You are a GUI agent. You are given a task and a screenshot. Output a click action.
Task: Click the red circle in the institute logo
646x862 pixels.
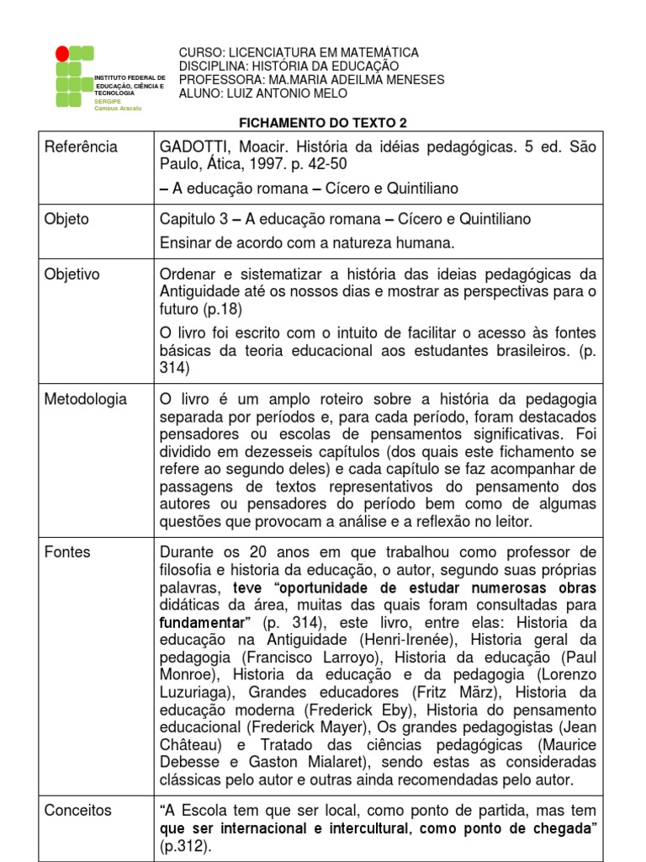pos(62,54)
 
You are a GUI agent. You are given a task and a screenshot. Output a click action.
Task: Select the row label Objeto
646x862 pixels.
pos(66,219)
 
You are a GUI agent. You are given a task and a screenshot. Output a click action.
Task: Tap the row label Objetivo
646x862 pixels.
pos(71,274)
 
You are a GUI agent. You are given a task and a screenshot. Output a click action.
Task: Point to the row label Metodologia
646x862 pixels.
pos(85,399)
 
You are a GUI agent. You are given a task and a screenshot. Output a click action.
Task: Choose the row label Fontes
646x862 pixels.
pos(67,552)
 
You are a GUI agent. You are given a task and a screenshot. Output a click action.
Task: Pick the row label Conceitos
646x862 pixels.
pos(77,810)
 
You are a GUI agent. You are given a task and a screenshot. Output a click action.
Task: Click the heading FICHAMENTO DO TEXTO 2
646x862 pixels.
pos(323,122)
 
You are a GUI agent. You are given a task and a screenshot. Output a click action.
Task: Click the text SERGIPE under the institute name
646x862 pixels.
pos(108,101)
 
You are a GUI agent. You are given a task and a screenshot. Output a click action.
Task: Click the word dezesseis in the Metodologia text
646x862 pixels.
pos(249,451)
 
